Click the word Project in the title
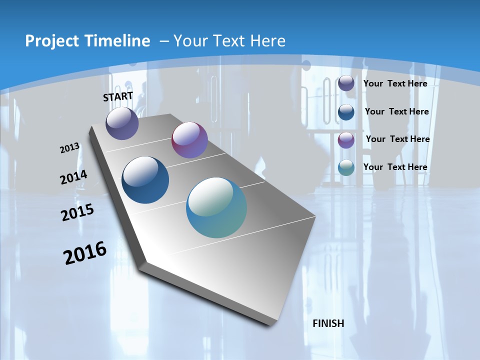click(50, 41)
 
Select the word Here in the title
click(267, 41)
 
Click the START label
click(118, 96)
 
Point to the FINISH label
click(328, 323)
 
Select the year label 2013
click(70, 148)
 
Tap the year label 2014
click(74, 177)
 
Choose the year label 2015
click(77, 212)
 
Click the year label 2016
click(85, 253)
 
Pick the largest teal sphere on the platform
click(216, 207)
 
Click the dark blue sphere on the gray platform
click(145, 180)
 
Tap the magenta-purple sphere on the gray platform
click(189, 140)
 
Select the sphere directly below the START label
click(122, 123)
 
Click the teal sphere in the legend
click(346, 167)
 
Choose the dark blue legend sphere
click(346, 112)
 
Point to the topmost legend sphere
click(346, 83)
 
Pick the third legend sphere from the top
click(346, 140)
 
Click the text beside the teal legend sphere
click(395, 167)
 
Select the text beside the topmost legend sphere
click(395, 83)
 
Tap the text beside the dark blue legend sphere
click(396, 111)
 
